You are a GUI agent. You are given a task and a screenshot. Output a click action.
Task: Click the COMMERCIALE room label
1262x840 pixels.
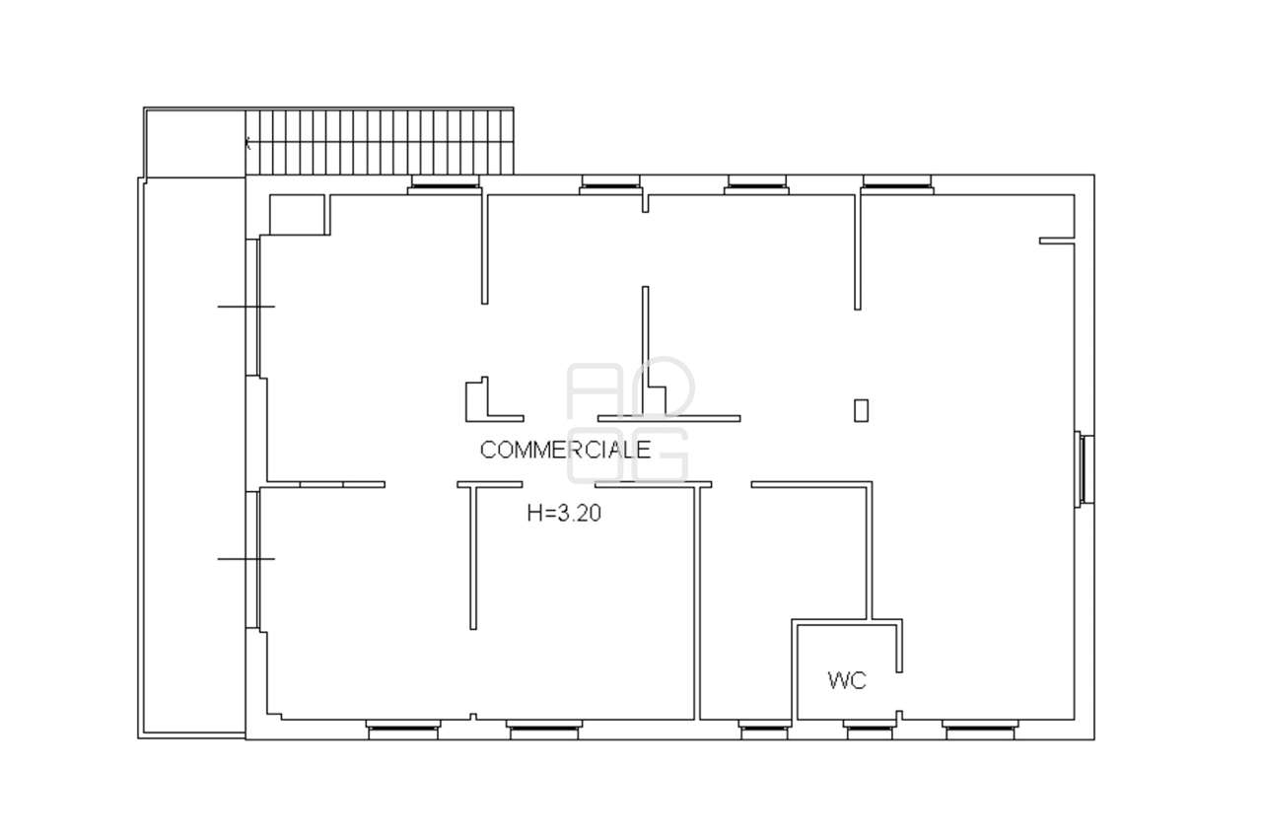coord(565,450)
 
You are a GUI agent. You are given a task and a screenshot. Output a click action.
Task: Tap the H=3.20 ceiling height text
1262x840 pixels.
coord(564,514)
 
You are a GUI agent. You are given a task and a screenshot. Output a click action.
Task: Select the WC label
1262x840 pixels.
coord(847,680)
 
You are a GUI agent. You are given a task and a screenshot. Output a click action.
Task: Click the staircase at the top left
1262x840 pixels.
coord(380,142)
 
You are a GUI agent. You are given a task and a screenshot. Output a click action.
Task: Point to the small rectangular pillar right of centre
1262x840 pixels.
coord(861,410)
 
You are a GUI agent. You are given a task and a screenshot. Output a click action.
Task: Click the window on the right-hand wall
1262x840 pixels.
coord(1085,468)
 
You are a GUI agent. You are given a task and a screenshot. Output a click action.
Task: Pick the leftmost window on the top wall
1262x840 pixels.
coord(445,184)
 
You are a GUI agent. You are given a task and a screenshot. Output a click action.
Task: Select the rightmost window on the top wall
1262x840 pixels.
coord(897,184)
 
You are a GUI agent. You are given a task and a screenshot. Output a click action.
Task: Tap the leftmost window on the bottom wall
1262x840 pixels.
coord(403,730)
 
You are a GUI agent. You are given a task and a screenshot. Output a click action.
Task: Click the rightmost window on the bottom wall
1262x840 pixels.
coord(980,730)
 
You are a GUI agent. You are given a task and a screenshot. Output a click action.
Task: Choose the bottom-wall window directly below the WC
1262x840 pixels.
coord(870,730)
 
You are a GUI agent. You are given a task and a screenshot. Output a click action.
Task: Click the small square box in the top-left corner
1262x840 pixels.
coord(297,215)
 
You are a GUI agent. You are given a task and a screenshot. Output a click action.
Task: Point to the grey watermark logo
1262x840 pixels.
coord(629,420)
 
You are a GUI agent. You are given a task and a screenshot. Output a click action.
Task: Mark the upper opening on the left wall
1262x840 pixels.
coord(251,307)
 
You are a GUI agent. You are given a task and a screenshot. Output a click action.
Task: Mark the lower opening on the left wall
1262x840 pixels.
coord(251,559)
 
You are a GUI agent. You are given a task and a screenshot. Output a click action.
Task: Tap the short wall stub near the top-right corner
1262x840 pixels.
coord(1056,241)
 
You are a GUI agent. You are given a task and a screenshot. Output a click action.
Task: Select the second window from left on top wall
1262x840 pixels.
coord(610,184)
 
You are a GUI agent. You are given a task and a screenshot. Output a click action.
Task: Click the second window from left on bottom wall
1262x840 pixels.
coord(543,730)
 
